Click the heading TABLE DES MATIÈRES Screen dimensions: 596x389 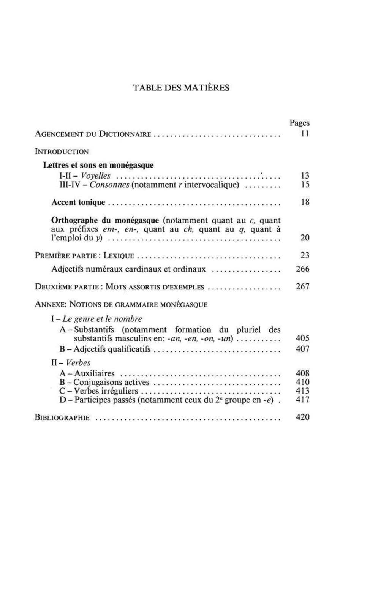[182, 88]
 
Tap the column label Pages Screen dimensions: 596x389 [300, 123]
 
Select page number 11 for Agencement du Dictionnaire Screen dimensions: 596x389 [305, 134]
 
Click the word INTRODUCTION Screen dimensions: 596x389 [62, 152]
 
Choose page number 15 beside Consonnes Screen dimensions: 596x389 [305, 185]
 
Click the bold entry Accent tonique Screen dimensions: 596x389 [78, 202]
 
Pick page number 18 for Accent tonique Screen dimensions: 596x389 [305, 202]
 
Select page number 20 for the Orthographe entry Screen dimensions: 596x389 [305, 238]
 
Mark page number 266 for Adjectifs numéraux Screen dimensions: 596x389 [303, 269]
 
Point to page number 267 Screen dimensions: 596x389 [303, 287]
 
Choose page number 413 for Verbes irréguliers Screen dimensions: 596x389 [303, 391]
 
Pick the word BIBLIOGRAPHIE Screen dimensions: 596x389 [62, 418]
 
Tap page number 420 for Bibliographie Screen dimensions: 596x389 [303, 417]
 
